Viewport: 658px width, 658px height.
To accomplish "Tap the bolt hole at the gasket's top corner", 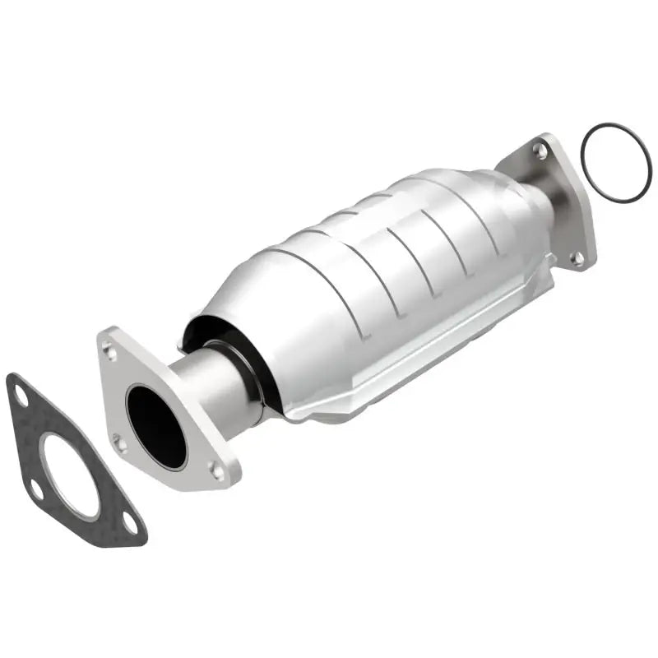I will tap(21, 396).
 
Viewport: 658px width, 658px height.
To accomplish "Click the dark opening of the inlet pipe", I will tap(156, 424).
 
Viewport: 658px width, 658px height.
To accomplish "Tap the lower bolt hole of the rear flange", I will tap(577, 259).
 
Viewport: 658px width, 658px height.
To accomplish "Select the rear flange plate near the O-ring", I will tap(568, 206).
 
